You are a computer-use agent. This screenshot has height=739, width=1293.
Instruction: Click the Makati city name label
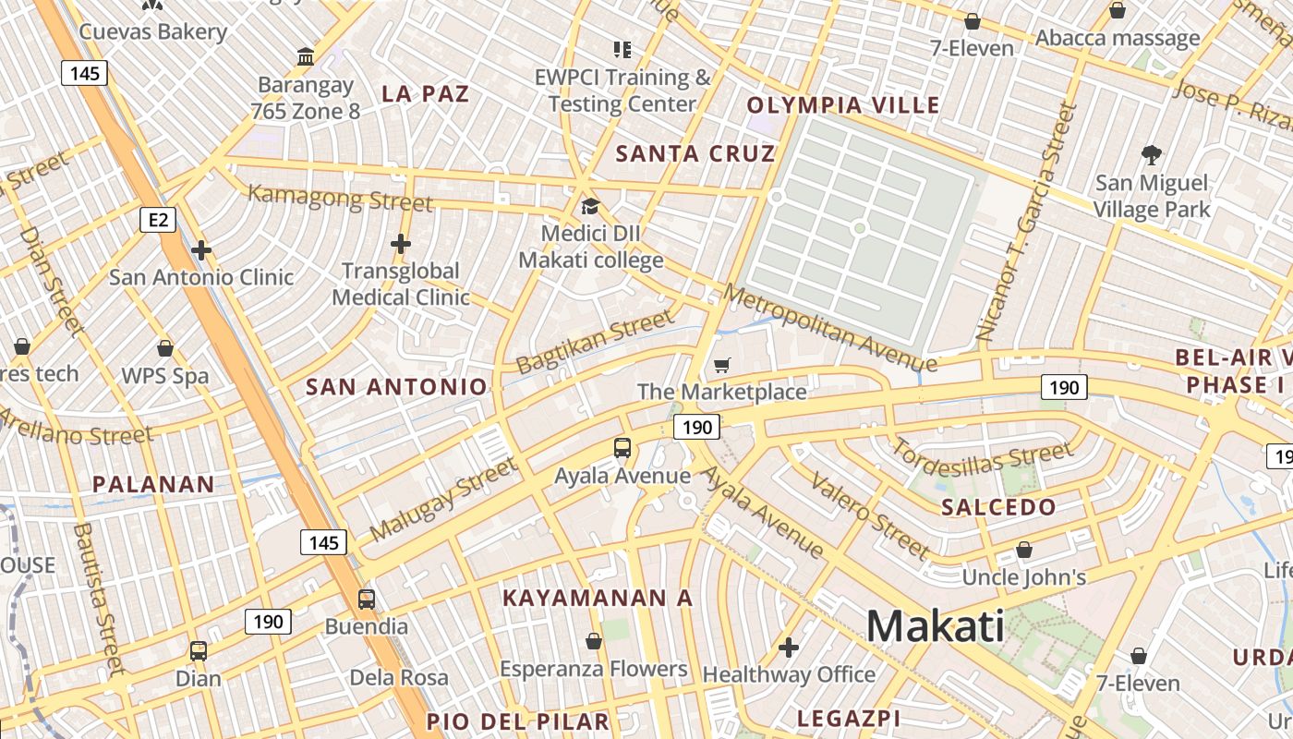coord(935,626)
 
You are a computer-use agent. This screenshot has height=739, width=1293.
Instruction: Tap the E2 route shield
coord(158,219)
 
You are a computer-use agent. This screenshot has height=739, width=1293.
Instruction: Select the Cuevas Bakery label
coord(152,31)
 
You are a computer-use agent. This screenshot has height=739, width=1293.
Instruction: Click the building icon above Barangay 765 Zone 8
coord(306,57)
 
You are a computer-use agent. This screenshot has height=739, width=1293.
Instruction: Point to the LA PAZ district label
coord(426,93)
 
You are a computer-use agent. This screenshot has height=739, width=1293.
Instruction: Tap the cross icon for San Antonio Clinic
coord(201,250)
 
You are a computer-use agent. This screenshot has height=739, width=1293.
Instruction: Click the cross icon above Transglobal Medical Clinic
coord(400,244)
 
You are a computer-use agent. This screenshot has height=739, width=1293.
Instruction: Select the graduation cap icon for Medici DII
coord(590,206)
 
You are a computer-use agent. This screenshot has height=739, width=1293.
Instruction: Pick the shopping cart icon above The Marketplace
coord(721,366)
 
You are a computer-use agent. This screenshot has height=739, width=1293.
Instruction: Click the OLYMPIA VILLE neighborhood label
coord(843,104)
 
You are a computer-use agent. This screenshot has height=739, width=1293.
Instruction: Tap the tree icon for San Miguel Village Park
coord(1151,154)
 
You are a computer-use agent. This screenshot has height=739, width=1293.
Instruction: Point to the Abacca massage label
coord(1118,38)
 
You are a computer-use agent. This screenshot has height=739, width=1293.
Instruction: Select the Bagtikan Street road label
coord(596,342)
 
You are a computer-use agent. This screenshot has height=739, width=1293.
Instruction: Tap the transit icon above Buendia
coord(367,599)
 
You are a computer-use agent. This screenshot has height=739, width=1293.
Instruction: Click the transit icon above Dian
coord(198,650)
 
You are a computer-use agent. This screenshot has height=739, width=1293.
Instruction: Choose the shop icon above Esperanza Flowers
coord(594,641)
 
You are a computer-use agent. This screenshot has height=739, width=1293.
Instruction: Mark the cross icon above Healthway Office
coord(788,648)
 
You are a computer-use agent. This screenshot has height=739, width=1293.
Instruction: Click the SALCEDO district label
coord(998,506)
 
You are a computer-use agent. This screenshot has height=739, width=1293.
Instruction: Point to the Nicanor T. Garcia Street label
coord(1027,222)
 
